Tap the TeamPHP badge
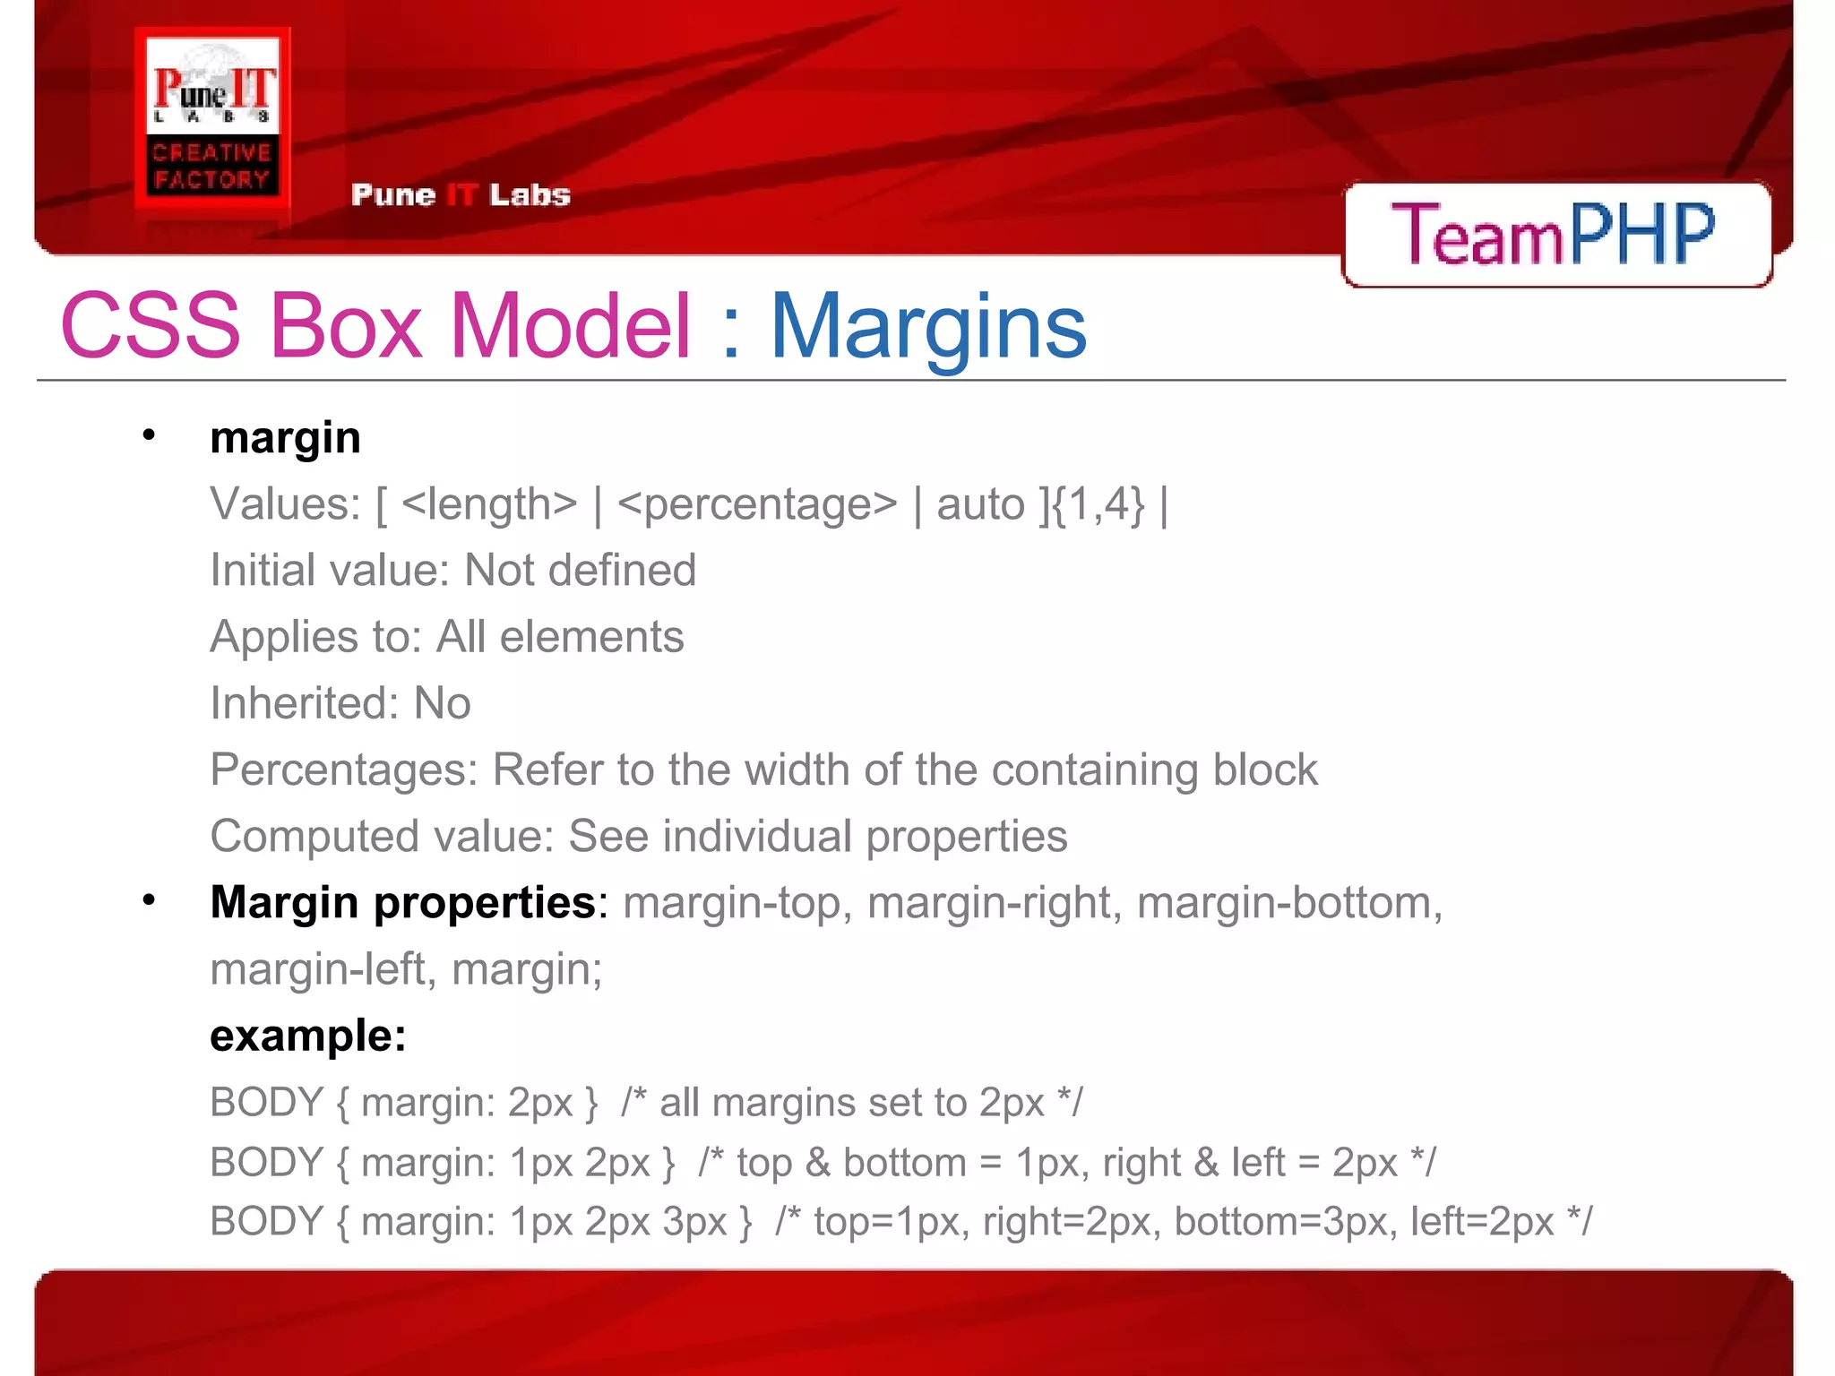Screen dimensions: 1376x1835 pyautogui.click(x=1555, y=234)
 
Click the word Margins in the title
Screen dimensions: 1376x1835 pyautogui.click(x=928, y=327)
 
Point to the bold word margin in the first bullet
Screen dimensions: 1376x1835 pyautogui.click(x=285, y=438)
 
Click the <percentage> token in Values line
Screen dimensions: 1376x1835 pyautogui.click(x=757, y=504)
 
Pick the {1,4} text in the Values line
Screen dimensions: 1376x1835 pyautogui.click(x=1098, y=504)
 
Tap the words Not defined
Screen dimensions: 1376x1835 pyautogui.click(x=581, y=571)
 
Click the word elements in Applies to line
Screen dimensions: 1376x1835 pyautogui.click(x=591, y=637)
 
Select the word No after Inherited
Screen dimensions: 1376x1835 pyautogui.click(x=442, y=703)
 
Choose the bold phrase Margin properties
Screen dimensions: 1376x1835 pyautogui.click(x=402, y=902)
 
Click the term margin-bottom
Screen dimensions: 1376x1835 pyautogui.click(x=1288, y=902)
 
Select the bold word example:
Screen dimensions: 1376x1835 pyautogui.click(x=308, y=1036)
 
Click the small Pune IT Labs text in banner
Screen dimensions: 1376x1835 pyautogui.click(x=461, y=195)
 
